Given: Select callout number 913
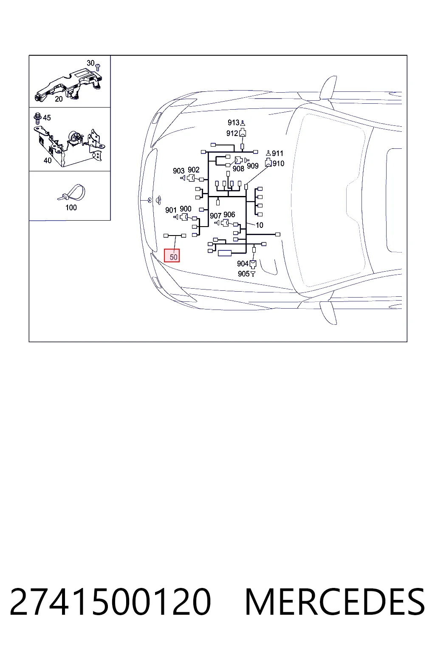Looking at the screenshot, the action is coord(233,122).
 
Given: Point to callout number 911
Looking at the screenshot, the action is coord(277,153).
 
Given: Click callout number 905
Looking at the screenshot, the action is coord(243,274).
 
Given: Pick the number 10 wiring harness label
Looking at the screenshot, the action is coord(259,225).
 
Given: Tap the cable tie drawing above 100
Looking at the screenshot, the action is coord(71,193).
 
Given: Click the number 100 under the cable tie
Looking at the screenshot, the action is coord(71,207).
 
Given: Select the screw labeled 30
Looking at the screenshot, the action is coord(98,67).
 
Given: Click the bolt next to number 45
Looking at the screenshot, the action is coord(37,118).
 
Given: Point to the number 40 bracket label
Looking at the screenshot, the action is coord(48,160).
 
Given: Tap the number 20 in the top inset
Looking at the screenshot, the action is coord(59,99).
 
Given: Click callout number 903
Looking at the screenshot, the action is coord(178,171).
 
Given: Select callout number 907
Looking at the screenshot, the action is coord(216,216).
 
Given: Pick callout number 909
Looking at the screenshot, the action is coord(253,166).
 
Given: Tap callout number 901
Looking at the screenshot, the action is coord(171,210).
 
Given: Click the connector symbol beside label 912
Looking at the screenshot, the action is coord(243,133).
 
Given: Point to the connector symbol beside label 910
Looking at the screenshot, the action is coord(268,163).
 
